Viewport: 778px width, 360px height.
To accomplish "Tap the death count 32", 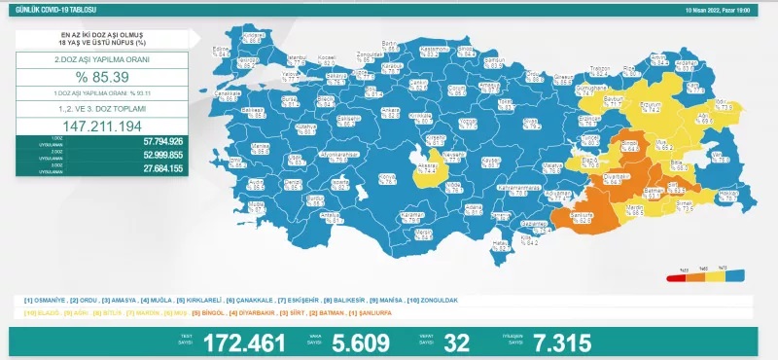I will tap(456, 342).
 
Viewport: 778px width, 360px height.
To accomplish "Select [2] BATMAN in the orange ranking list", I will tap(325, 311).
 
